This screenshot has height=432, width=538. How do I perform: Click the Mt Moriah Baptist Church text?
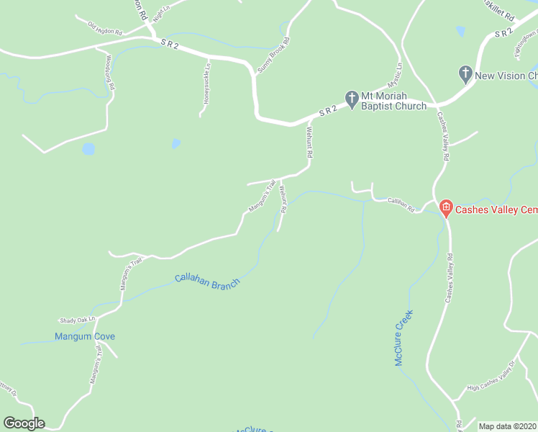pos(393,101)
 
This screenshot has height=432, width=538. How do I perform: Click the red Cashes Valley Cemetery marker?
pos(445,210)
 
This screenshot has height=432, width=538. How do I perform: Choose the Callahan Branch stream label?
pos(206,280)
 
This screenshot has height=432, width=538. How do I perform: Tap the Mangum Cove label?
pos(85,336)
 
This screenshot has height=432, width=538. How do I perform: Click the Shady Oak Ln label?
pos(77,320)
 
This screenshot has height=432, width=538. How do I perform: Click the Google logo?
pos(24,423)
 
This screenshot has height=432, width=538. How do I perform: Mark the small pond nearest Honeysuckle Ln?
pos(175,144)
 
